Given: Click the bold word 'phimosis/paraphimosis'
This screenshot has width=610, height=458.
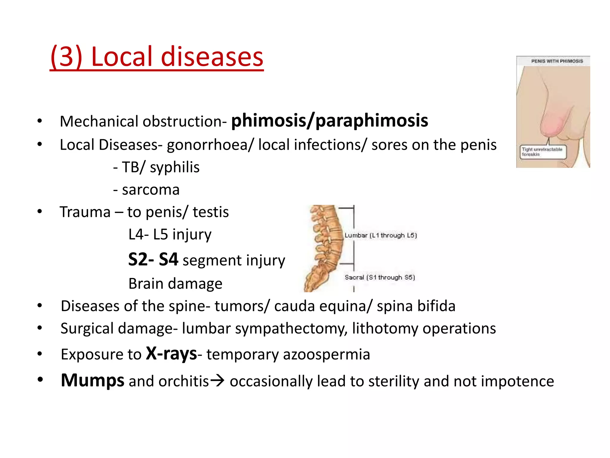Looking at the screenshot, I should [x=330, y=121].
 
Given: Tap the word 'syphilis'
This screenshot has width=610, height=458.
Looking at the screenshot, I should [x=175, y=167].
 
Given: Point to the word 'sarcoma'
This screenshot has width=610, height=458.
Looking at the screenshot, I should [x=151, y=190].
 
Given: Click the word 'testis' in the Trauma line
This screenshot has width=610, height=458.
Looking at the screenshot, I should [x=211, y=212].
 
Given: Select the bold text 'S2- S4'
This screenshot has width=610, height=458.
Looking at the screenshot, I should [x=153, y=259].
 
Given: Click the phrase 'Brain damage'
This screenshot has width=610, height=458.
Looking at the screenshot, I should [x=175, y=284].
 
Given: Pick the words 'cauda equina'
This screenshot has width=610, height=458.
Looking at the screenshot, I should [x=323, y=306].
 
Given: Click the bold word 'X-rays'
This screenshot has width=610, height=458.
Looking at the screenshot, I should [x=171, y=354].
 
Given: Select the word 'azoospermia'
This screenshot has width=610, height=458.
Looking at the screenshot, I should [x=326, y=355].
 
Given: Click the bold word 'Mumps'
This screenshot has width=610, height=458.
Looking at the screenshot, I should [x=92, y=381].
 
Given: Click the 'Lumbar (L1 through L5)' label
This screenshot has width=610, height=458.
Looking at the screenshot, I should [x=380, y=236].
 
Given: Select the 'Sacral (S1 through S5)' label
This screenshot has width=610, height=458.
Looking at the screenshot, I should [x=379, y=278].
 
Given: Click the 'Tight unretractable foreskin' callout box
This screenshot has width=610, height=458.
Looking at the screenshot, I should [x=543, y=152].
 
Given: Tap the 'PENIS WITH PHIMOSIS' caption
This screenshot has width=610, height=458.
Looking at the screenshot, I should [x=557, y=61].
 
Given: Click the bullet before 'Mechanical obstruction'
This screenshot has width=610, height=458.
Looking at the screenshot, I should [x=40, y=121].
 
